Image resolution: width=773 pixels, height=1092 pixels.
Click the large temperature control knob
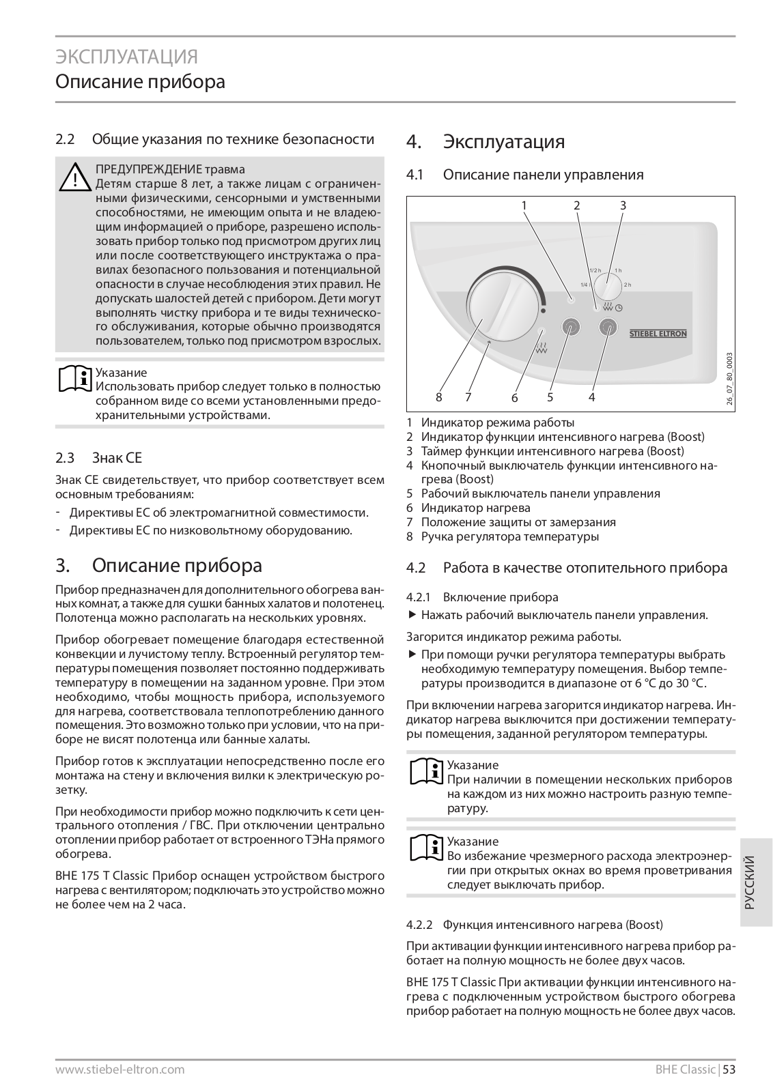(505, 311)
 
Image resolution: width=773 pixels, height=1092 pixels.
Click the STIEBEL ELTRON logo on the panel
(658, 334)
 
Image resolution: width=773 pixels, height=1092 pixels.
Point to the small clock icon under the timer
(619, 308)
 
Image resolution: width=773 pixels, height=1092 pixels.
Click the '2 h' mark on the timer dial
(628, 285)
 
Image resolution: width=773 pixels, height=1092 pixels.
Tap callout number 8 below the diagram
(439, 397)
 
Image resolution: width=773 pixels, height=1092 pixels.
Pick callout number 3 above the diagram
(623, 205)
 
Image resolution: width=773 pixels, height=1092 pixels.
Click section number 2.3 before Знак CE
(64, 457)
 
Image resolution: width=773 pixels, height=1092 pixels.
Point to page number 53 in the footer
(729, 1069)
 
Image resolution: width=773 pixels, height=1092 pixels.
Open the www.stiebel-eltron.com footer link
(120, 1069)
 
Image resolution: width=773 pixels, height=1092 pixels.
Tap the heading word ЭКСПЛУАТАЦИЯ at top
(126, 56)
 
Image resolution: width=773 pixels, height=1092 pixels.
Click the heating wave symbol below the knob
(541, 352)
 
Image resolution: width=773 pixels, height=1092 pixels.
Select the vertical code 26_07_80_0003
(730, 379)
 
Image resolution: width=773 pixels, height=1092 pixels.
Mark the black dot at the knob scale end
(544, 311)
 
